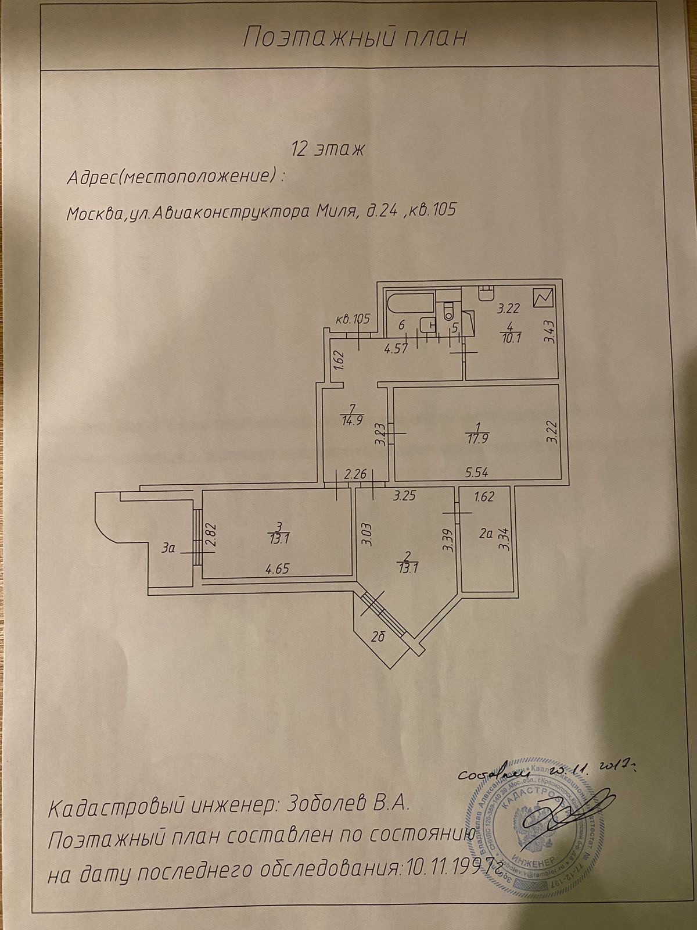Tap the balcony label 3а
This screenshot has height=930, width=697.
[x=169, y=548]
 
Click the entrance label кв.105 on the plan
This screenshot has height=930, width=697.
[x=353, y=319]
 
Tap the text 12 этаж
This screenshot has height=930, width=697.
[x=327, y=149]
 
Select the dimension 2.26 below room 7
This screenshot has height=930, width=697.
[x=355, y=475]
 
